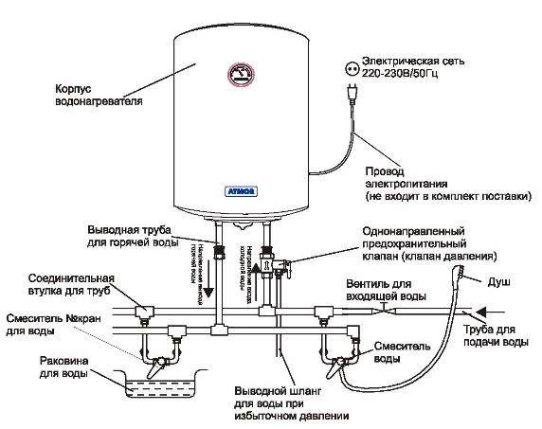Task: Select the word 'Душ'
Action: pyautogui.click(x=497, y=282)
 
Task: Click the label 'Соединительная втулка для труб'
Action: pyautogui.click(x=63, y=285)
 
